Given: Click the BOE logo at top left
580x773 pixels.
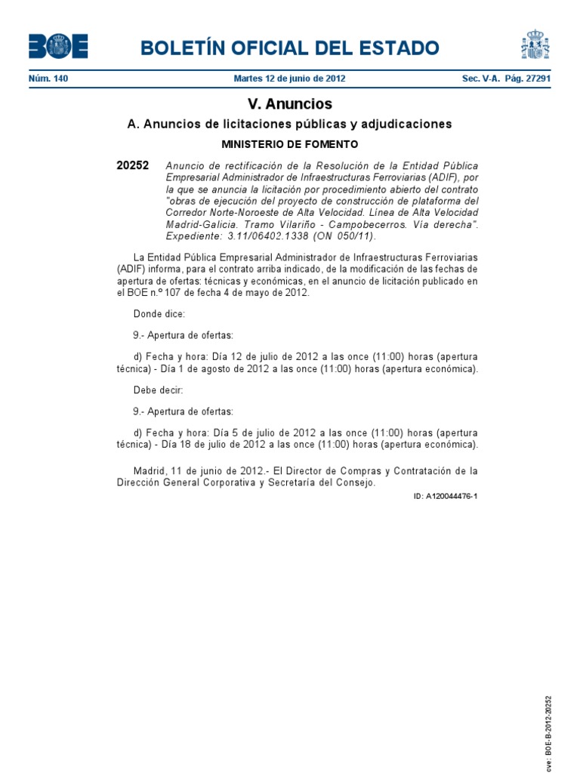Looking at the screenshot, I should coord(57,47).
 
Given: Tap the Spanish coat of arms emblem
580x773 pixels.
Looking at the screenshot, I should coord(535,45).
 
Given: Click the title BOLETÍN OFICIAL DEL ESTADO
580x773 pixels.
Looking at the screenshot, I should coord(289,48).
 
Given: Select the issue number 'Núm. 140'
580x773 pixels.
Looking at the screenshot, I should coord(48,79).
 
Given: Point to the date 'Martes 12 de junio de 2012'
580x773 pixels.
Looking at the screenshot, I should coord(289,79).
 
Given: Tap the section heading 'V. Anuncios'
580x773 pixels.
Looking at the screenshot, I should coord(289,104).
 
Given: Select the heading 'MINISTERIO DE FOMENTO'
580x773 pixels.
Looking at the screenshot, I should coord(289,143).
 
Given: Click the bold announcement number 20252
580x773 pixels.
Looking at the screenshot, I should coord(133,165).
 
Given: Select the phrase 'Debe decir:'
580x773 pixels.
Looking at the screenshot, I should coord(158,390).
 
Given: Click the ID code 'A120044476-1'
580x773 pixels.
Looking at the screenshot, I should coord(446,497).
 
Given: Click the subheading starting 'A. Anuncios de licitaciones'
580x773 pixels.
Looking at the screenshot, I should coord(289,124).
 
